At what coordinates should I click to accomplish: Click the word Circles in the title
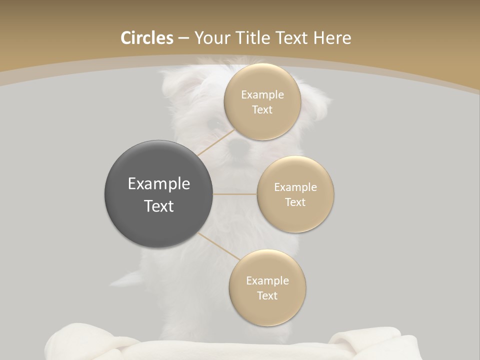[x=147, y=38]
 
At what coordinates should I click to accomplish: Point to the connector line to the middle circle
[x=235, y=193]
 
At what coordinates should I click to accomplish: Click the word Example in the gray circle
[x=159, y=184]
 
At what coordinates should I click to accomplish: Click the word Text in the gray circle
[x=159, y=206]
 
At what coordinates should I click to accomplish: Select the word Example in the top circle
[x=262, y=95]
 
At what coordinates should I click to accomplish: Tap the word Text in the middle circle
[x=295, y=202]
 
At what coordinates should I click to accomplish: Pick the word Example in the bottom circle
[x=267, y=281]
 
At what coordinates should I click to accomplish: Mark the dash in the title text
[x=183, y=38]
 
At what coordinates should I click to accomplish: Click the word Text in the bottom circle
[x=267, y=296]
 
